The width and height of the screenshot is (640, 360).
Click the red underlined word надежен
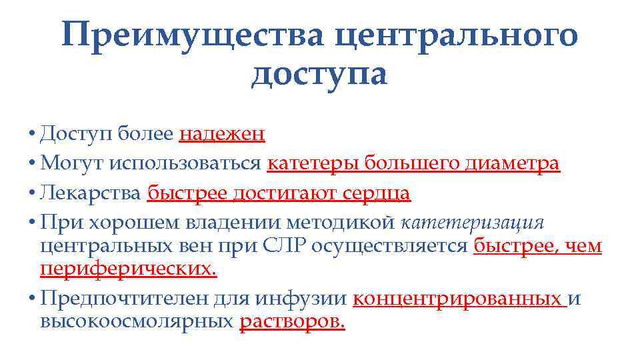222,135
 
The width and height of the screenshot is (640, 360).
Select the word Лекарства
90,193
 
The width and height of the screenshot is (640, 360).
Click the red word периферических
129,270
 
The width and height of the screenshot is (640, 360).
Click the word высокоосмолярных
137,323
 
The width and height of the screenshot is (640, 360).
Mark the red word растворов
292,323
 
